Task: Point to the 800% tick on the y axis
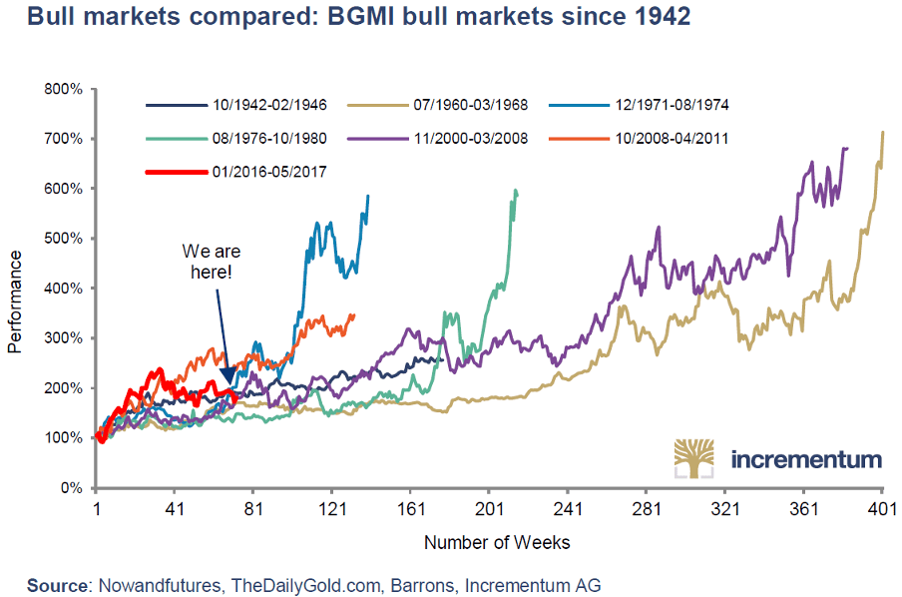[64, 89]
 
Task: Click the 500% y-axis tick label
[64, 239]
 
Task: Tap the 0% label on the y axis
[71, 488]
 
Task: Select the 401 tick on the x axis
[882, 509]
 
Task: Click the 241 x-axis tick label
[567, 509]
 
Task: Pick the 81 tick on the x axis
[252, 509]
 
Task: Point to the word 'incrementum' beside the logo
[806, 460]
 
